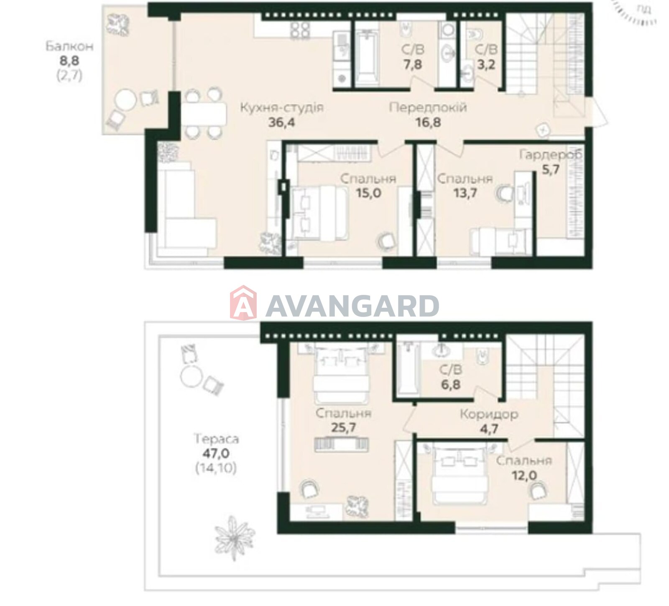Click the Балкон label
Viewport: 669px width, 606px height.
tap(69, 46)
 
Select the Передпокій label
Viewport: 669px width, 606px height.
tap(428, 107)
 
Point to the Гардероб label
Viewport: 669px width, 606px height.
tap(551, 155)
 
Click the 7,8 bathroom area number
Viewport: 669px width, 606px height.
tap(412, 65)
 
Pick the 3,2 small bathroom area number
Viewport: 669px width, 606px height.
tap(487, 65)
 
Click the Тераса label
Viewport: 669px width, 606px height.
tap(216, 439)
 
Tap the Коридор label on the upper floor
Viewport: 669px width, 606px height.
tap(489, 414)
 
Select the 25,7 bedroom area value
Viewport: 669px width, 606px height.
tap(343, 428)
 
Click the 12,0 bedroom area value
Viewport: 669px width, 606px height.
tap(524, 476)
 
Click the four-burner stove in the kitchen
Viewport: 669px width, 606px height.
tap(300, 31)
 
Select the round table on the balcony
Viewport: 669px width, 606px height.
tap(126, 101)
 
